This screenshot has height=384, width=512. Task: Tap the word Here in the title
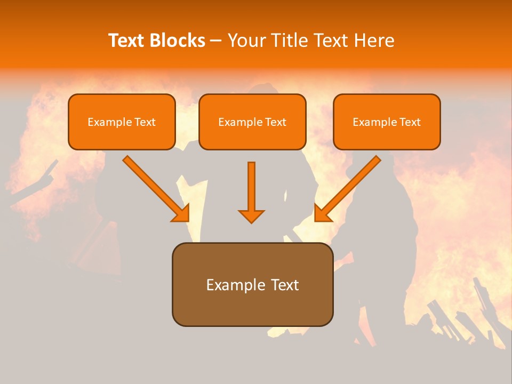click(374, 41)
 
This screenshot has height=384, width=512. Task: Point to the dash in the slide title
click(216, 41)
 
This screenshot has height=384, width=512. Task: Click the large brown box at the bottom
click(252, 309)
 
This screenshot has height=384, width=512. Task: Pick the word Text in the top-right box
click(410, 122)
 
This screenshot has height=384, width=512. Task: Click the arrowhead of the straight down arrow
click(251, 216)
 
